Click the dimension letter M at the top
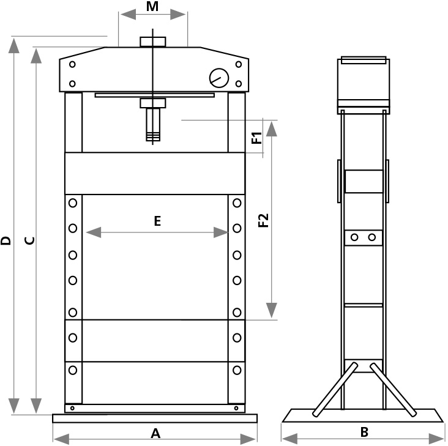(x=153, y=7)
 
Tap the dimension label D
(x=6, y=240)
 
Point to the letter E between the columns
(x=157, y=221)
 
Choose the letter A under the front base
(x=155, y=433)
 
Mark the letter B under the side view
(x=364, y=432)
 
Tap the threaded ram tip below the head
(x=152, y=125)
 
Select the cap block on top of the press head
(x=153, y=42)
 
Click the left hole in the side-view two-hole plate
(x=355, y=237)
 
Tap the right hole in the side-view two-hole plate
(x=372, y=237)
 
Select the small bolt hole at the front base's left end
(x=72, y=408)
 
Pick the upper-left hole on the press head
(x=72, y=64)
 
